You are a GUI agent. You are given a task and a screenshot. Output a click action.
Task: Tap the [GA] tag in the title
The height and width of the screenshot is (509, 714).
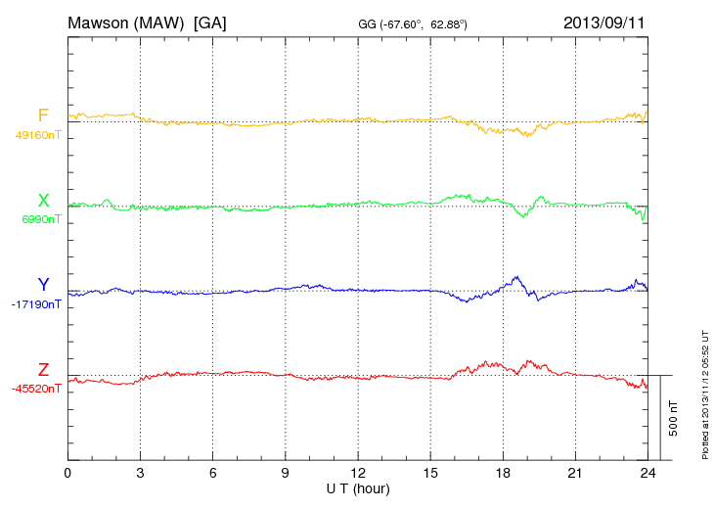(210, 23)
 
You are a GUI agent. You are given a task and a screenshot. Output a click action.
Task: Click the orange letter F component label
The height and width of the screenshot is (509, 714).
(43, 116)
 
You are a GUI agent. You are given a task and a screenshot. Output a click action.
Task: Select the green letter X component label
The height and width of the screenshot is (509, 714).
(43, 201)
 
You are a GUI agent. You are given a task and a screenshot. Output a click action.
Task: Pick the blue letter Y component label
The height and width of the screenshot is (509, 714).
(43, 285)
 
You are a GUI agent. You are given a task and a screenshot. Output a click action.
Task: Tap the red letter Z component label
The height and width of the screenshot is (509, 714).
(43, 370)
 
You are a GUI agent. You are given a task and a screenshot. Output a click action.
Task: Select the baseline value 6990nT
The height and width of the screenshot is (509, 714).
(41, 219)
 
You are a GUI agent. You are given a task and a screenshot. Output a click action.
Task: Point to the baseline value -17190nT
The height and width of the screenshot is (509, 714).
(37, 304)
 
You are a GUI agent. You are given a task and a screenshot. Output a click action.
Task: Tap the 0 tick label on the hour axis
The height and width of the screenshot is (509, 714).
(67, 474)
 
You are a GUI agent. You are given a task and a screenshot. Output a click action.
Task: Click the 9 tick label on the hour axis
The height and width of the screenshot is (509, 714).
(285, 474)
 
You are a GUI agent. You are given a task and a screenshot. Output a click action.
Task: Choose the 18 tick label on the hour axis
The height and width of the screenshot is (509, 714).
(503, 474)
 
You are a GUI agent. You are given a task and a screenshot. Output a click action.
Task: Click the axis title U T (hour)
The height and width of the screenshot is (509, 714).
(358, 488)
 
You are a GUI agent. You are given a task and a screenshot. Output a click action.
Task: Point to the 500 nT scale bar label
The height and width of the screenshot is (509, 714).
(675, 417)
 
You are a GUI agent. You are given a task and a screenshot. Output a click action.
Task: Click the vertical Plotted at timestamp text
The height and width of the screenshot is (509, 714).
(704, 392)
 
